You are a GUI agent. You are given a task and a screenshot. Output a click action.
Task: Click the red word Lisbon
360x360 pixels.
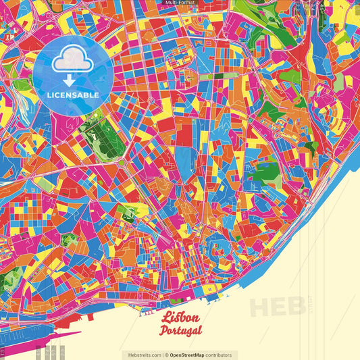181,318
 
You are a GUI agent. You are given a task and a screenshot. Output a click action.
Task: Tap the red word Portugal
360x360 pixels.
181,330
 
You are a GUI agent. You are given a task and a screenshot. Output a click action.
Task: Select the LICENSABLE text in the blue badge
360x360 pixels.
74,95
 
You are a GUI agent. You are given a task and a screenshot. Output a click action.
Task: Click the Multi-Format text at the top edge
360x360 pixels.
180,3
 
